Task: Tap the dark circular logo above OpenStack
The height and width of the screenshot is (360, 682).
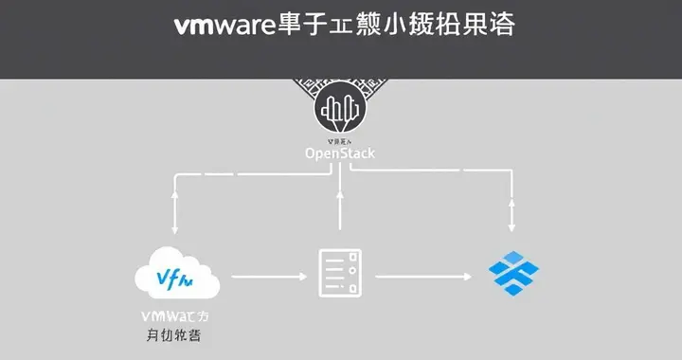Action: tap(339, 111)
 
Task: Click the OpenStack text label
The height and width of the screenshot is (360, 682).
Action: tap(339, 153)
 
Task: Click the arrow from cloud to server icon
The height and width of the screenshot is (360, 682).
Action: tap(270, 276)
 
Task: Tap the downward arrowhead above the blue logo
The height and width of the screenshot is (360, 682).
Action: tap(511, 226)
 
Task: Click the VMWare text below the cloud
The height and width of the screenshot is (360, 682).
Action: tap(176, 315)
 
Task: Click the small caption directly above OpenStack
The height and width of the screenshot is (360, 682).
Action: tap(339, 139)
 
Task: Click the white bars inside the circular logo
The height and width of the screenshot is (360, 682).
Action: tap(339, 109)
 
